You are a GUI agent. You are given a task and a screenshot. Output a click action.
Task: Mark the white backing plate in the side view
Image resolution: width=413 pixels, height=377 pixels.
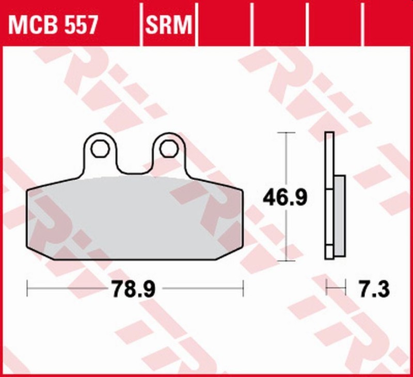tap(329, 197)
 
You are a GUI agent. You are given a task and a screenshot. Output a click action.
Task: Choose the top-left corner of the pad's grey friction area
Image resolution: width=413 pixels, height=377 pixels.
tap(29, 190)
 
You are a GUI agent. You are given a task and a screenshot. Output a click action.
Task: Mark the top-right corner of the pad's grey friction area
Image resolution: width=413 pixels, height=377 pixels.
tap(240, 190)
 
